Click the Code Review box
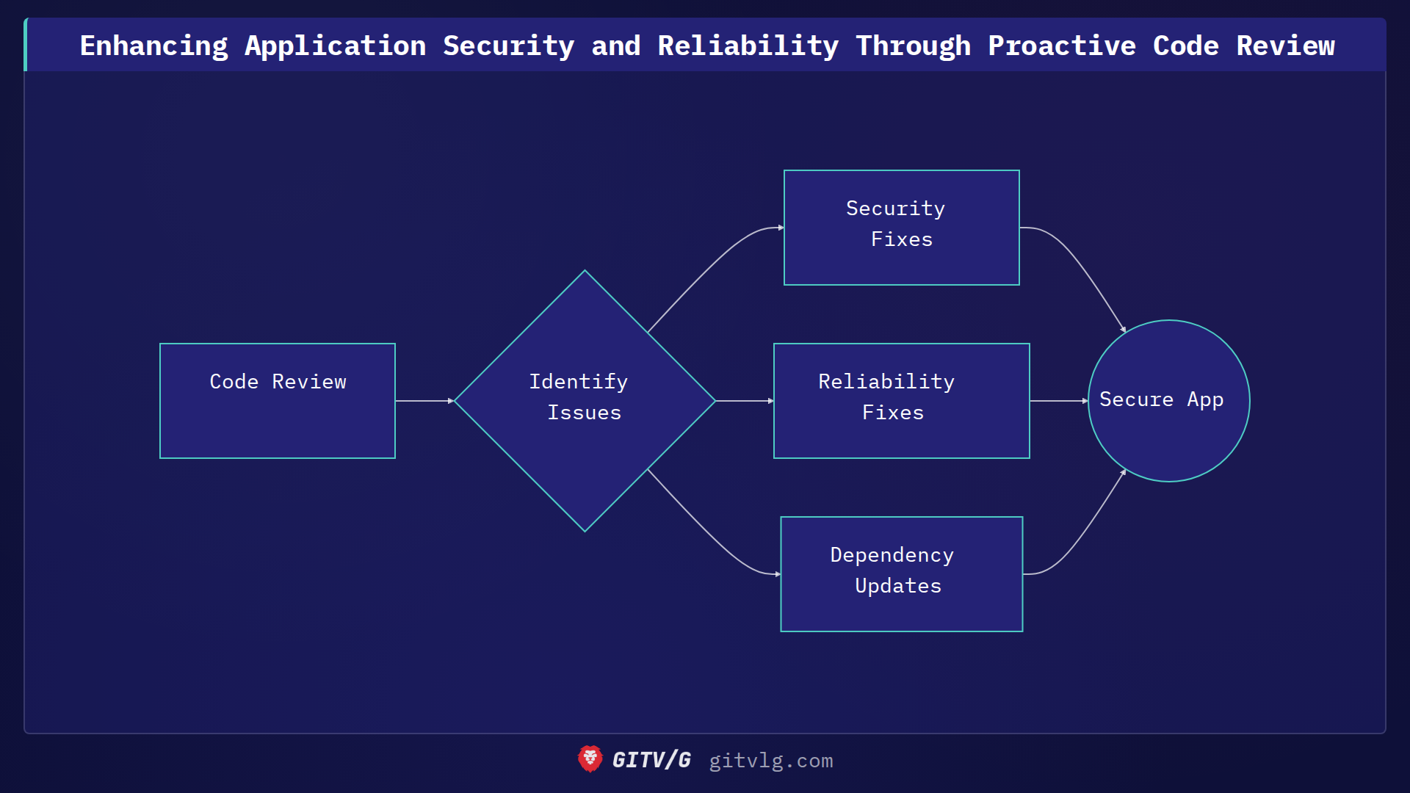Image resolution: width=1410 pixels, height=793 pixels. (x=278, y=401)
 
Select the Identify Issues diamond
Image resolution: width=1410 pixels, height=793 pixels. (x=585, y=401)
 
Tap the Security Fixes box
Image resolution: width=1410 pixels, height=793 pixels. (x=901, y=228)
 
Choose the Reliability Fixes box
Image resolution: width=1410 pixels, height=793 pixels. (x=901, y=401)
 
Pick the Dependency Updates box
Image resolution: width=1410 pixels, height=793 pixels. (x=901, y=574)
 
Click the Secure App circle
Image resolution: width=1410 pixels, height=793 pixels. (x=1168, y=401)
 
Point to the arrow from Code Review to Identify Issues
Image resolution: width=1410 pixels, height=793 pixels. (x=424, y=401)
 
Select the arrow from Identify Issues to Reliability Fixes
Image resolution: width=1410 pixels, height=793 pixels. (x=744, y=401)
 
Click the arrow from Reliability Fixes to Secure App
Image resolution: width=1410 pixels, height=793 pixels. (x=1058, y=401)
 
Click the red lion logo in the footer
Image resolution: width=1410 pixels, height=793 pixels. (x=590, y=759)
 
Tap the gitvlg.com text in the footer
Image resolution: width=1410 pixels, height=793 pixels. (x=770, y=761)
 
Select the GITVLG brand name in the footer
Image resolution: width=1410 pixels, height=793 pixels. (x=651, y=760)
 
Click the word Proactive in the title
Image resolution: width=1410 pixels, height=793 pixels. (x=1061, y=46)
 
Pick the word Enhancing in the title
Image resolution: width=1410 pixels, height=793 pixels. (x=153, y=46)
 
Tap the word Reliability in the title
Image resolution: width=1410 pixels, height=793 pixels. (x=748, y=46)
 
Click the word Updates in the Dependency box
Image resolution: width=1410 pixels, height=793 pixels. (x=897, y=586)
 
